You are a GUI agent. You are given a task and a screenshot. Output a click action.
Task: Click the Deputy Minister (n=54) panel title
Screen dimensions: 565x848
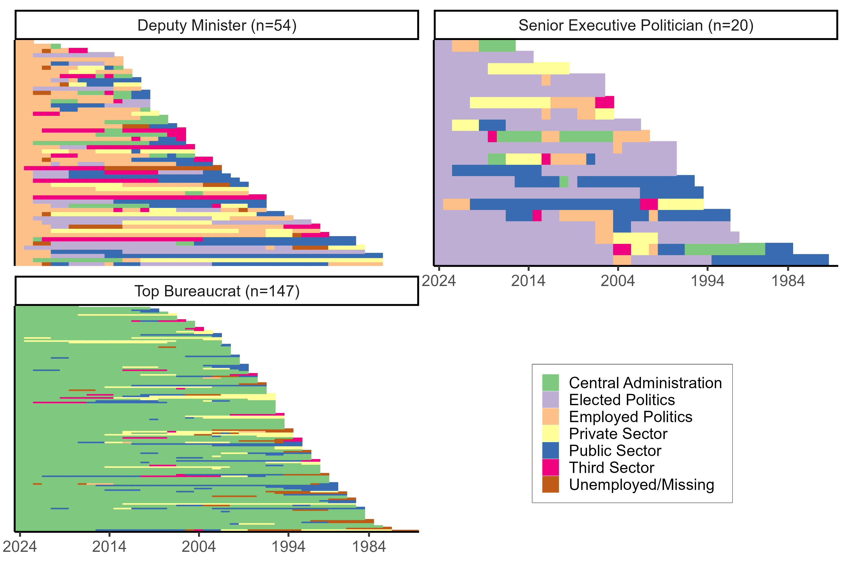click(x=217, y=25)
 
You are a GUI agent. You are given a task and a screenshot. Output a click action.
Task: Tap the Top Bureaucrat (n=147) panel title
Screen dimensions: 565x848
click(x=217, y=291)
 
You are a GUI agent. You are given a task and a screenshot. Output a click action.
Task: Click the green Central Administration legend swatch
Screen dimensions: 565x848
click(x=550, y=383)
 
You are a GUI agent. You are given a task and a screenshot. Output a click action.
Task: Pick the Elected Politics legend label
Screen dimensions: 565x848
click(x=622, y=400)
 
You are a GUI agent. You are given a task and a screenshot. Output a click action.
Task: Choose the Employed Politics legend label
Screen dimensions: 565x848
click(x=630, y=417)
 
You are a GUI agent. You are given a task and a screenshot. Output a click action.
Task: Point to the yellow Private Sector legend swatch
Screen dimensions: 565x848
click(x=550, y=433)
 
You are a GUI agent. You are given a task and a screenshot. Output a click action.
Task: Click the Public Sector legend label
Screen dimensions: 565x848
click(x=615, y=451)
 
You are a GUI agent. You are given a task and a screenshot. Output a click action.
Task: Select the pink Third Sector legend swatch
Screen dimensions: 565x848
click(x=550, y=467)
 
